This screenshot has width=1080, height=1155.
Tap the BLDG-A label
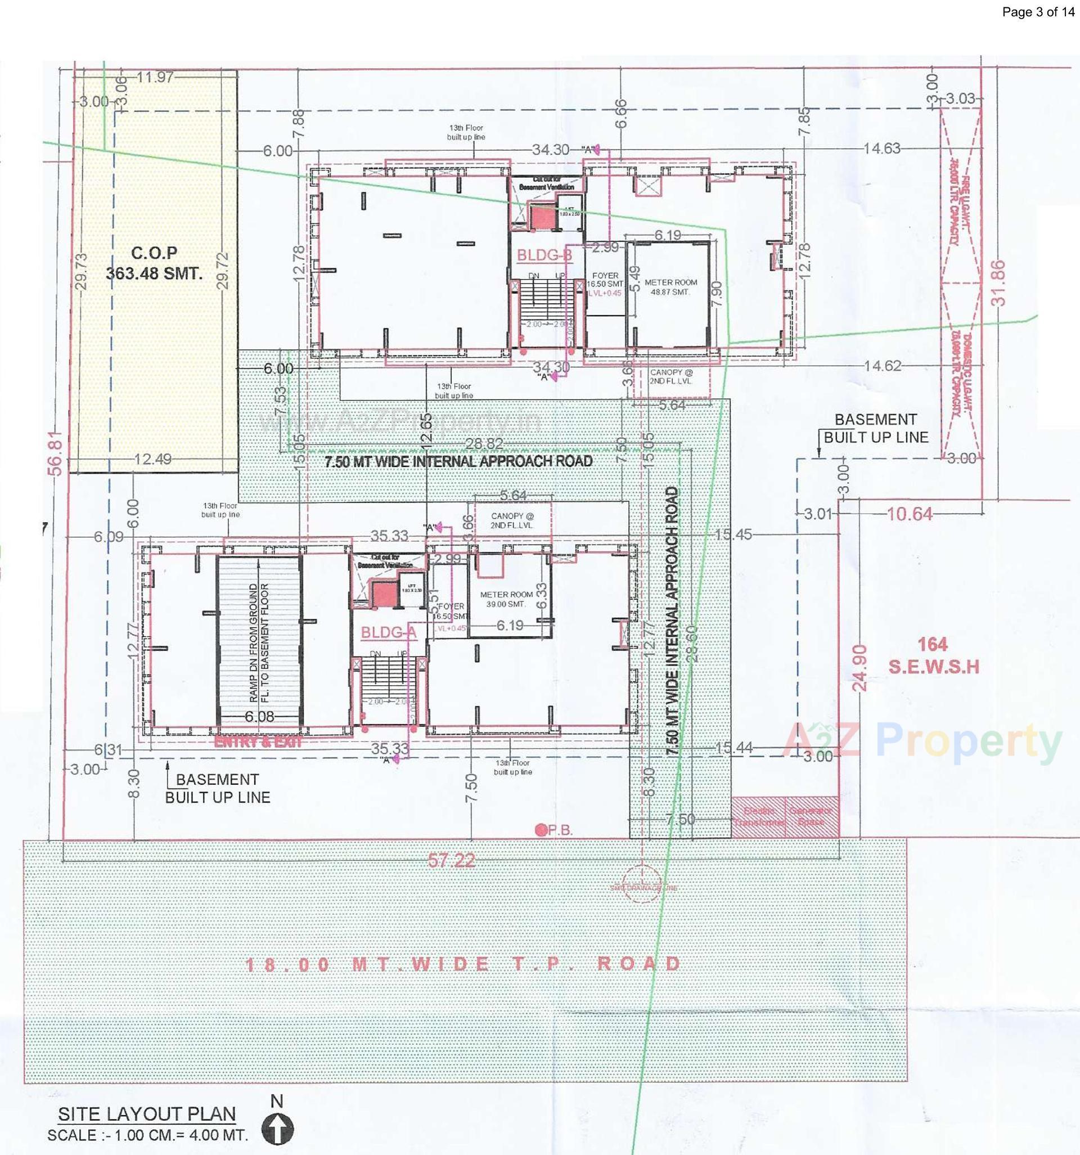click(x=389, y=632)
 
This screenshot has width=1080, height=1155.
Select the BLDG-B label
click(x=544, y=255)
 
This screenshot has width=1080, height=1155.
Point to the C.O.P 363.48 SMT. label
click(x=154, y=263)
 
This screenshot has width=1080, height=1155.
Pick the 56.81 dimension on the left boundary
click(x=55, y=453)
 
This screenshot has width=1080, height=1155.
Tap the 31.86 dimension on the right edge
click(x=997, y=283)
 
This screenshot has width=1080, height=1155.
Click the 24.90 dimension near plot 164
click(x=860, y=667)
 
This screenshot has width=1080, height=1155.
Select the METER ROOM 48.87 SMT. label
click(x=670, y=287)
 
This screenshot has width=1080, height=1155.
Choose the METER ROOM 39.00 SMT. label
click(x=506, y=599)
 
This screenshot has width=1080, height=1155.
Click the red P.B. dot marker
click(x=541, y=830)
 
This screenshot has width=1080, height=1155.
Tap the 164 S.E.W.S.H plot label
click(x=933, y=655)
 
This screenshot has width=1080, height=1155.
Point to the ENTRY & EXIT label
click(x=259, y=742)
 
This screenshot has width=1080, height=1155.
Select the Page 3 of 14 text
click(x=1038, y=12)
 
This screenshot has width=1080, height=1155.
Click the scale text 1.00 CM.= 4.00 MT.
click(x=147, y=1135)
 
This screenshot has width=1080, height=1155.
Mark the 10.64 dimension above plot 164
click(x=910, y=514)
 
